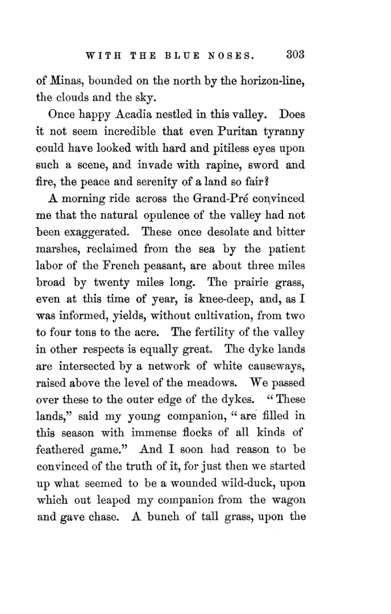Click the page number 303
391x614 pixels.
(x=295, y=54)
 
